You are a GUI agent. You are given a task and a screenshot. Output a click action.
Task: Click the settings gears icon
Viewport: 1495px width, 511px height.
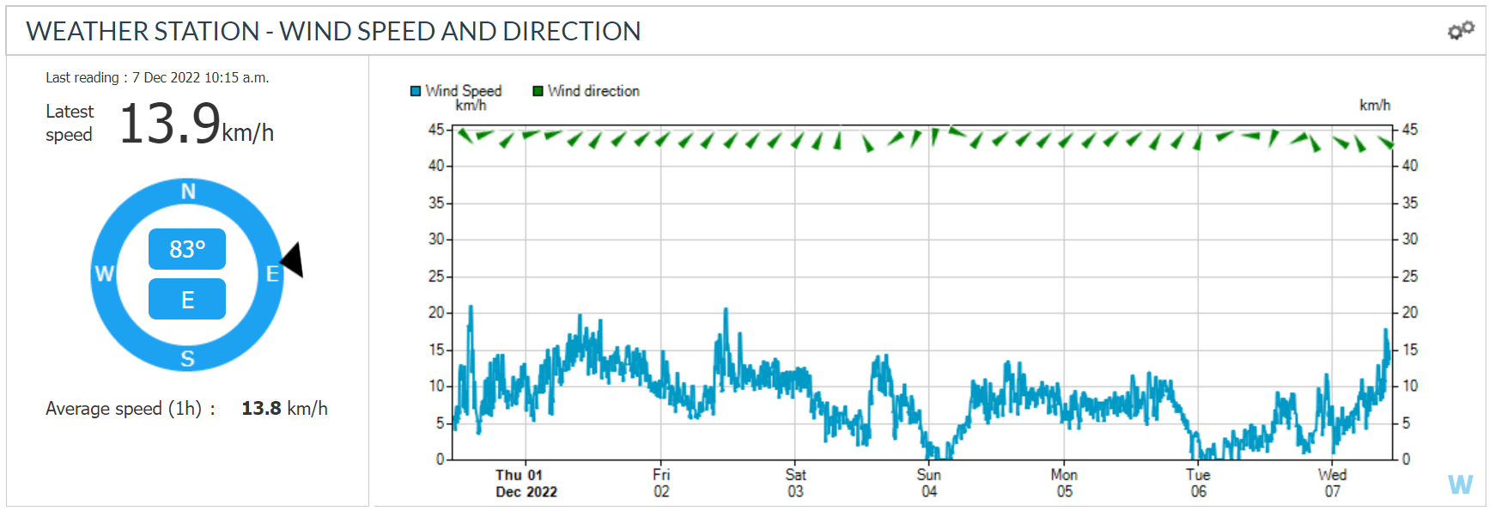[1461, 30]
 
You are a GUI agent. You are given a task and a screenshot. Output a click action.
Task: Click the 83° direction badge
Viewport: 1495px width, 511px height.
[187, 249]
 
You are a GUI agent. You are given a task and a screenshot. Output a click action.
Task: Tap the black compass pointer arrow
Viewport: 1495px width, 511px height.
[294, 259]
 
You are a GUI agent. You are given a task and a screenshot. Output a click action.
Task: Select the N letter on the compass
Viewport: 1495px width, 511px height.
[188, 192]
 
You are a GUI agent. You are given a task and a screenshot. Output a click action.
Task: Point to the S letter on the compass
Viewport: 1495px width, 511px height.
[187, 359]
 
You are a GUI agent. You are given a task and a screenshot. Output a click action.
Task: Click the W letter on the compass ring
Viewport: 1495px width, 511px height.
[104, 274]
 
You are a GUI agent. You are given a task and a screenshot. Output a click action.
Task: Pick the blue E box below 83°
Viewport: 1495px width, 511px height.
[187, 300]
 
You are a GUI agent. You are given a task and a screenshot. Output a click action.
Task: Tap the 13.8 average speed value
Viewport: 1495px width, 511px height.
[261, 409]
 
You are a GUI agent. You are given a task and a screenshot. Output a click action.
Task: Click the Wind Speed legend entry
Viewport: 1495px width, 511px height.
[456, 91]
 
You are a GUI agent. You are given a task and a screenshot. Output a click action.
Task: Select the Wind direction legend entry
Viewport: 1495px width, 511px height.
[586, 91]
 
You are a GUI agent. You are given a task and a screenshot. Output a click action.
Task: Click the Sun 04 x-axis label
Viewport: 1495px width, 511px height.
[929, 483]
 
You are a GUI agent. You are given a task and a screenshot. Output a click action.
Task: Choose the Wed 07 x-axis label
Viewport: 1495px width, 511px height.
[1332, 483]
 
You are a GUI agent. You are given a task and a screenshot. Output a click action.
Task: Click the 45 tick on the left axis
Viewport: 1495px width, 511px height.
[436, 130]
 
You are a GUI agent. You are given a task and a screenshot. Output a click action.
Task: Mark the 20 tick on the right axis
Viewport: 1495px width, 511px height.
[1409, 313]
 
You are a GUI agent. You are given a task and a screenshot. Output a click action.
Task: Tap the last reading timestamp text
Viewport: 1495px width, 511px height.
[157, 77]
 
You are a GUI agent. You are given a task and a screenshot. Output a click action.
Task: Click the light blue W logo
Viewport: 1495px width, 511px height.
[1460, 484]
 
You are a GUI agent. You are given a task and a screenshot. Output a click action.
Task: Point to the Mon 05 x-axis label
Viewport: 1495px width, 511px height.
[1064, 483]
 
